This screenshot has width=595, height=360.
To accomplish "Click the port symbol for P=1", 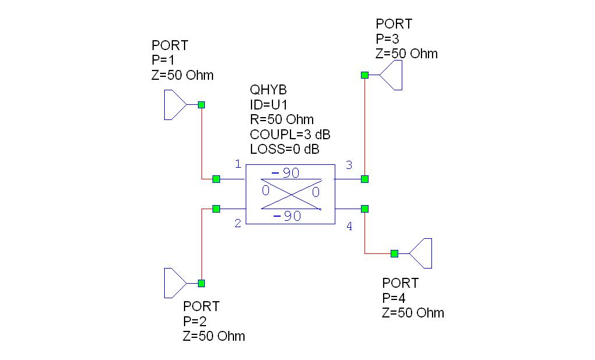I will pos(174,105).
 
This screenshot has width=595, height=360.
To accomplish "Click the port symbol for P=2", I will pos(174,283).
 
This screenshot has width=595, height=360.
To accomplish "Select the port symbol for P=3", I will pos(392,75).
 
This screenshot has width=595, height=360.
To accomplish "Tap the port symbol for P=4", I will pos(421,253).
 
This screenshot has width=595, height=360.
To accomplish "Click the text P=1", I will pos(163,60).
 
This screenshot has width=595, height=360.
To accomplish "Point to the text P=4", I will pos(394,298).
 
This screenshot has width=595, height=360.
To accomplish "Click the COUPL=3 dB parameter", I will pos(290,135).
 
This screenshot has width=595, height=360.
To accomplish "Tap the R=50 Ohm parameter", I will pos(282,119).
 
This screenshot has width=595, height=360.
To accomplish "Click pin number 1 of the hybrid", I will pos(238,164).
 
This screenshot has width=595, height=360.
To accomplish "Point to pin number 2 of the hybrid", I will pos(238,223).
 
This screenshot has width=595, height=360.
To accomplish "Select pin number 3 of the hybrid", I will pos(349,165).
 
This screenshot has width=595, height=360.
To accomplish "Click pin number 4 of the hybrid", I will pos(349,227).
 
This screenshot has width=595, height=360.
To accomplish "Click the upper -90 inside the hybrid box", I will pos(285,173).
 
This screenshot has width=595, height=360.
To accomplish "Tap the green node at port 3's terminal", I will pos(364,75).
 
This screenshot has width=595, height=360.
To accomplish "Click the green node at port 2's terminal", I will pos(201,283).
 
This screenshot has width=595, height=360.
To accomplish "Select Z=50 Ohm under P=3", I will pos(406,54).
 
